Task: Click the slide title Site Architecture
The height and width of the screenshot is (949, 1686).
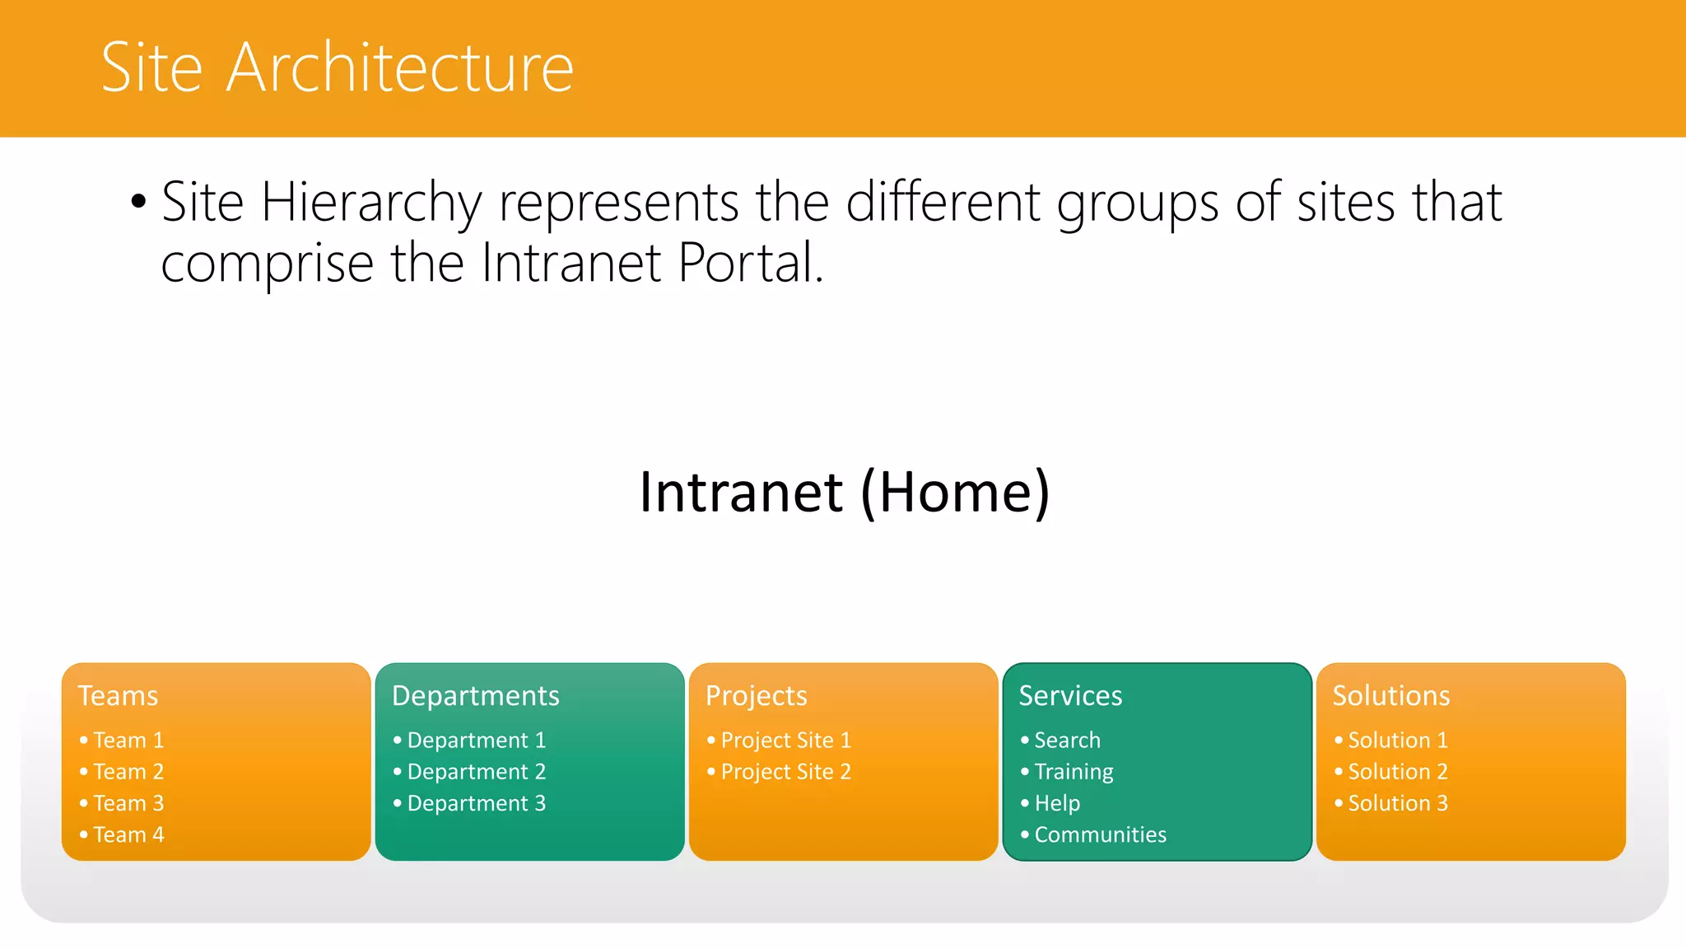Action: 337,68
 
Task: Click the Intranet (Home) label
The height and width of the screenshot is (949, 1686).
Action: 844,492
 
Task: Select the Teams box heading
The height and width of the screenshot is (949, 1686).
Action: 118,696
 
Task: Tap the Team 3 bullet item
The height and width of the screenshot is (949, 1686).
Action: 128,803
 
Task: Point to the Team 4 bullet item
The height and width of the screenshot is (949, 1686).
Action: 128,834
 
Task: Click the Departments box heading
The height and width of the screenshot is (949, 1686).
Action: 475,696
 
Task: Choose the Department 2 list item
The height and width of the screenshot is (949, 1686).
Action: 476,772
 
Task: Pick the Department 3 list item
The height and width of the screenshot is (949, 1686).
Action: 476,803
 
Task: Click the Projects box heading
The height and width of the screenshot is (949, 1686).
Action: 756,696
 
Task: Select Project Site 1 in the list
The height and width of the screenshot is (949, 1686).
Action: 785,741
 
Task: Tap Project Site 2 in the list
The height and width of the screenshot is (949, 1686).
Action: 785,772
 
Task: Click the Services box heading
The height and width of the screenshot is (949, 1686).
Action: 1070,696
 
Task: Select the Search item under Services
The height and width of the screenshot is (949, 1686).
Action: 1067,741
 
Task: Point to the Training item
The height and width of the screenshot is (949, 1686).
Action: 1074,772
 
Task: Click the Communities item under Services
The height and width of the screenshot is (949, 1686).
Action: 1100,834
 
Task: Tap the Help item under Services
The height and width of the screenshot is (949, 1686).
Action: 1057,803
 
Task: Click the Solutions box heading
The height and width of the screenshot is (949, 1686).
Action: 1391,696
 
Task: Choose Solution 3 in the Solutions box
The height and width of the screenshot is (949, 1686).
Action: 1397,803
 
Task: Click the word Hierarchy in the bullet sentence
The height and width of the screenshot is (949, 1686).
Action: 371,203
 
